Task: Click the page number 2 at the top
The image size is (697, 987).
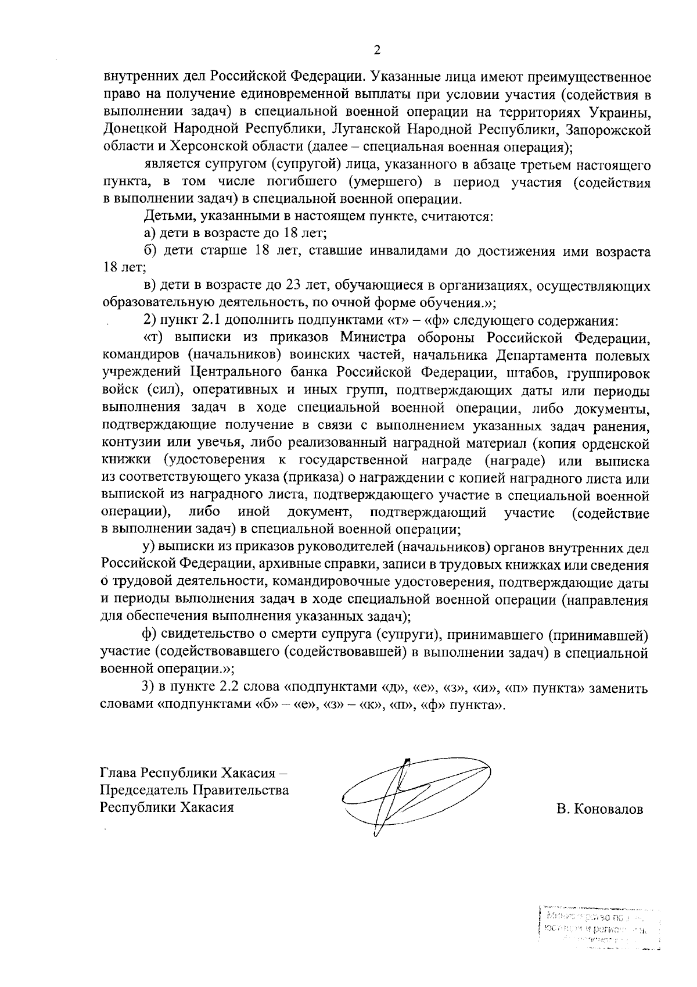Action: point(376,51)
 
